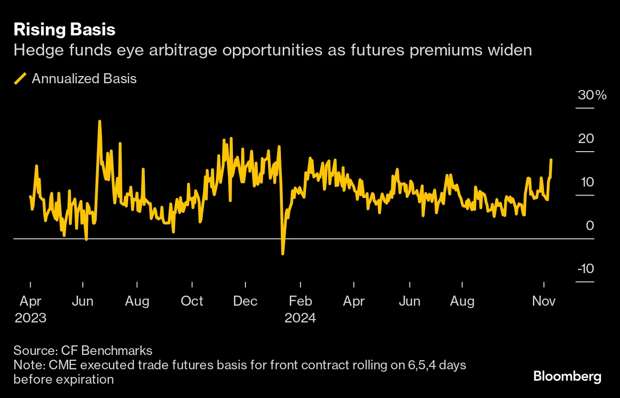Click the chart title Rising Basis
click(64, 30)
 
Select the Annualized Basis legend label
click(84, 78)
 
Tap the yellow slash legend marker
click(20, 78)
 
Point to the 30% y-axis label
click(592, 95)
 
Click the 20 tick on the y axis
click(586, 139)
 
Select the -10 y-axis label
click(585, 269)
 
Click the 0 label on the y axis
click(589, 225)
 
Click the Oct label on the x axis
click(192, 301)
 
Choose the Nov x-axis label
click(543, 301)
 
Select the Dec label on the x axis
click(245, 301)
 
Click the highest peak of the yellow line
click(100, 121)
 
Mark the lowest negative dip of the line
click(283, 254)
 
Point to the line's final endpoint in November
click(551, 160)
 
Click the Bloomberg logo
click(567, 376)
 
